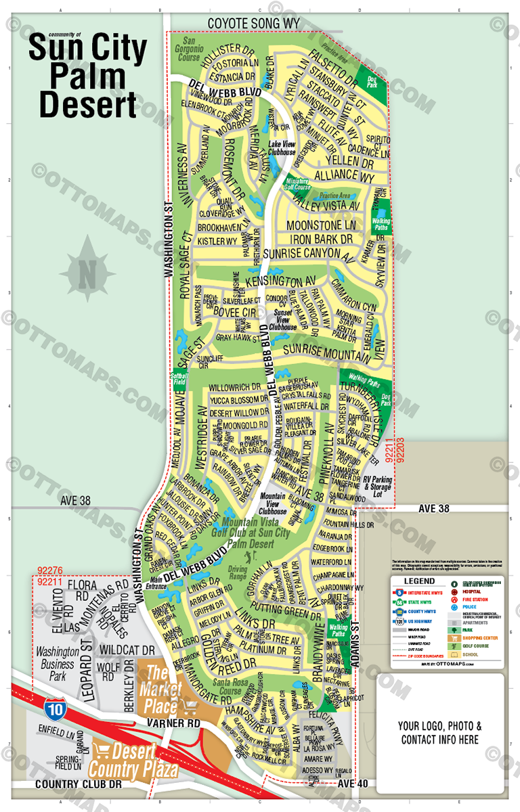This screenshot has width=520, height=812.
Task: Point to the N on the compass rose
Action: tap(87, 273)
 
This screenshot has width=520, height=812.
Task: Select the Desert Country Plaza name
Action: tap(135, 760)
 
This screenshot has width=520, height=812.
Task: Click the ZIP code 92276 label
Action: tap(49, 571)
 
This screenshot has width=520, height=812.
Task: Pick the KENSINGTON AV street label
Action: tap(281, 279)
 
